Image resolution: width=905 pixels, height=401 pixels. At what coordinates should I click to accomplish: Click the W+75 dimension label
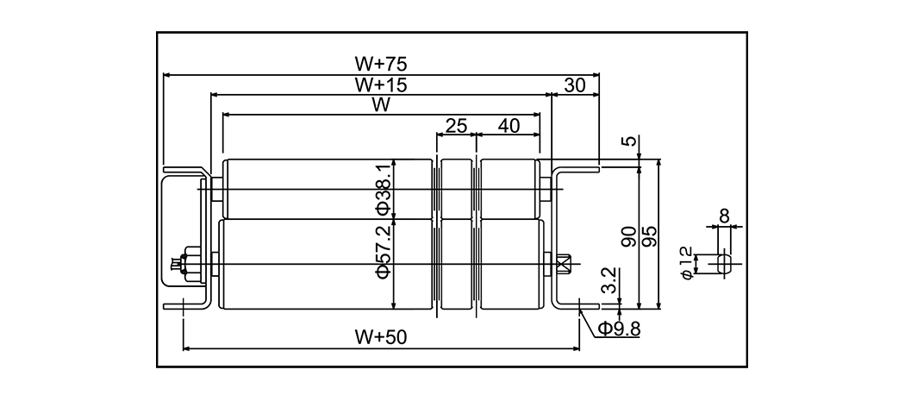tap(380, 64)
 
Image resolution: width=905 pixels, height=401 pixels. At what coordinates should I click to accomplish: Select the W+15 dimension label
tap(380, 85)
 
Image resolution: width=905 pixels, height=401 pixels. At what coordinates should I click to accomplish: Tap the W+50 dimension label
tap(380, 337)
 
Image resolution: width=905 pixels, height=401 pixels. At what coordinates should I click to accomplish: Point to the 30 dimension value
tap(576, 85)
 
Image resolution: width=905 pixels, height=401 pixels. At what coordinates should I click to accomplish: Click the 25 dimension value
tap(456, 126)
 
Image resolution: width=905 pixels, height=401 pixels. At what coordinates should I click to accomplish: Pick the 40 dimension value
tap(509, 126)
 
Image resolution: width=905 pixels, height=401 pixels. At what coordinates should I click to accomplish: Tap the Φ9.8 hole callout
tap(619, 329)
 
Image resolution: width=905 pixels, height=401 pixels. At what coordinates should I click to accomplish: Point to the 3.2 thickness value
tap(609, 283)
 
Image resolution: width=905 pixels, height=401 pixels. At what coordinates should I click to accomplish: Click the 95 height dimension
tap(651, 236)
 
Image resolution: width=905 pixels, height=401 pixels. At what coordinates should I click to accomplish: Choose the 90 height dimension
tap(629, 236)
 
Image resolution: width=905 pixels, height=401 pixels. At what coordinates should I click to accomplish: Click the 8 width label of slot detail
tap(723, 215)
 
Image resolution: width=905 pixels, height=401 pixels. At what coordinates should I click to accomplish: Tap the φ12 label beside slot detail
tap(686, 261)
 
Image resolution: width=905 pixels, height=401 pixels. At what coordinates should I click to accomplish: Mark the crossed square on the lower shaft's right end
tap(565, 263)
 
